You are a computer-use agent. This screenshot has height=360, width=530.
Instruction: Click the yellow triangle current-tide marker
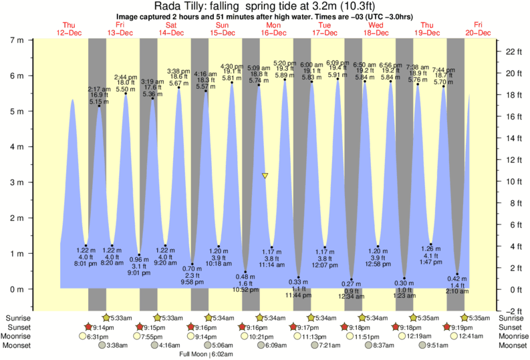coord(265,176)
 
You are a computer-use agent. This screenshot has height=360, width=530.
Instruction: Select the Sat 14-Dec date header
coord(171,29)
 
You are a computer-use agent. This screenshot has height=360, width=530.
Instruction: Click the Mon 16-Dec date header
coord(274,29)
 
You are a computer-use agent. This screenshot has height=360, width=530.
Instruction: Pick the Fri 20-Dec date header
coord(479,29)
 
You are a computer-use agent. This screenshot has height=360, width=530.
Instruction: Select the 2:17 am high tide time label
coord(98,89)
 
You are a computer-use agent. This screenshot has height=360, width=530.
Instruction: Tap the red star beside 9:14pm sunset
coord(88,327)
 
